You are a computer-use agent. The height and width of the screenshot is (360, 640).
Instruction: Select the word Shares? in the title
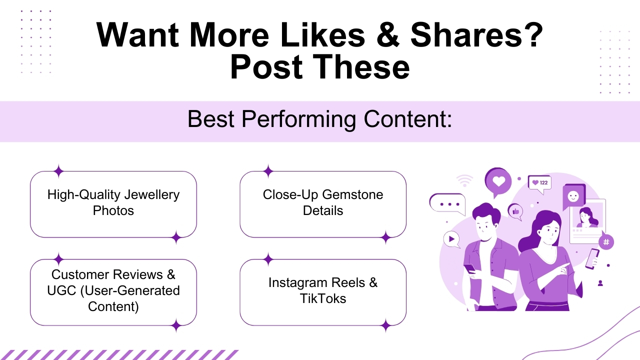[x=476, y=35]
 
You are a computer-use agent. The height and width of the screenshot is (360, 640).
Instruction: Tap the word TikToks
[x=323, y=298]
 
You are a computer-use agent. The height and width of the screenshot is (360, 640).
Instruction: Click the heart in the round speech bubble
[x=498, y=180]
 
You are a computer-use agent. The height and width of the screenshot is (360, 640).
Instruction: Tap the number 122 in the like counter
[x=543, y=182]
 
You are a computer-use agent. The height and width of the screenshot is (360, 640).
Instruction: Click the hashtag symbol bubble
[x=606, y=242]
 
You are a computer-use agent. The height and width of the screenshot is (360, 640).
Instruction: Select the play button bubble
[x=451, y=239]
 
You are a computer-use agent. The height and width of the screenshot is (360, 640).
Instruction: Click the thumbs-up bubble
[x=515, y=211]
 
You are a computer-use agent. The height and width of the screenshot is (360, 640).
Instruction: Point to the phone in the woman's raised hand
[x=592, y=257]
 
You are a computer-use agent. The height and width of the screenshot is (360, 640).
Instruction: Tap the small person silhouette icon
[x=600, y=283]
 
